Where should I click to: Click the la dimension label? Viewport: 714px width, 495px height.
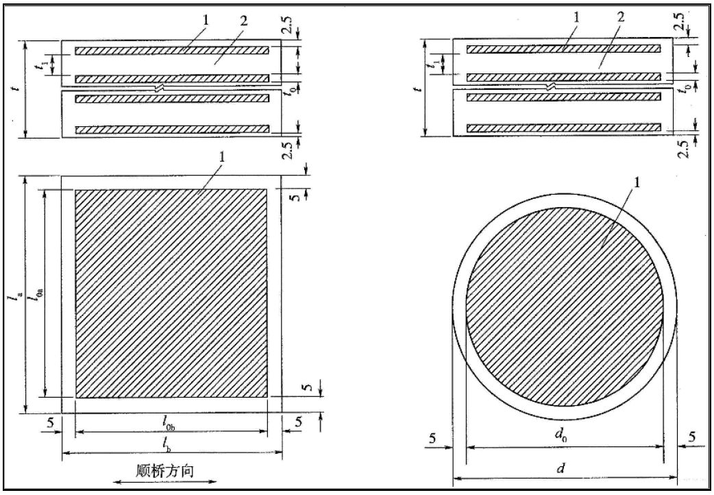(14, 295)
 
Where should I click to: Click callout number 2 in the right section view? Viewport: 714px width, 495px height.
(620, 16)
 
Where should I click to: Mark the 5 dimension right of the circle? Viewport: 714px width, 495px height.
(691, 437)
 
